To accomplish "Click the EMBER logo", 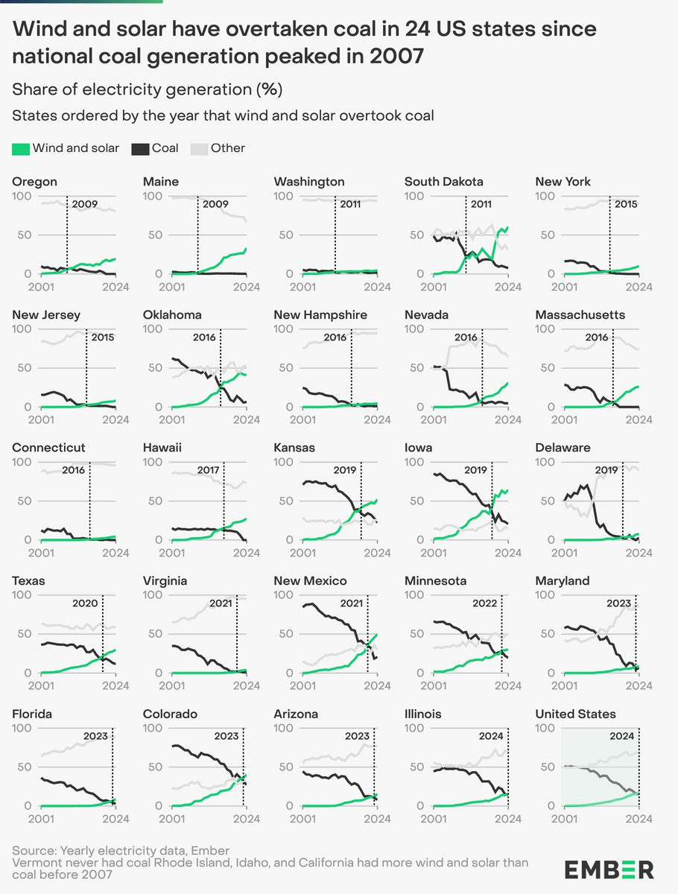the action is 609,870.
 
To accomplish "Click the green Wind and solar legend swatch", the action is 21,149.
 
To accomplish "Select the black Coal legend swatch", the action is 140,149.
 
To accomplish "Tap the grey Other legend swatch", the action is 199,149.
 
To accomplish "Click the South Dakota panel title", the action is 444,182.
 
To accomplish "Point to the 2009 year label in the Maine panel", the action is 215,204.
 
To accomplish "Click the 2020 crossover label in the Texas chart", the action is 85,603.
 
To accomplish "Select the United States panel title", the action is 575,714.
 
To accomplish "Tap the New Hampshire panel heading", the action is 320,315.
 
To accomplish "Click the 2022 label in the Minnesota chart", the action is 484,603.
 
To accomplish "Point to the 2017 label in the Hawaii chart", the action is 208,470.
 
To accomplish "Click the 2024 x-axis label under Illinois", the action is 508,819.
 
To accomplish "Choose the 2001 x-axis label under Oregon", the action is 41,287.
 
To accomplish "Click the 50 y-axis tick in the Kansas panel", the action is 286,501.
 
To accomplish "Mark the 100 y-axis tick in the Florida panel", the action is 22,728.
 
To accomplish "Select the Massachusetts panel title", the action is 580,315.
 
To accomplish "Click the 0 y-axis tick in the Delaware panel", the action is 551,539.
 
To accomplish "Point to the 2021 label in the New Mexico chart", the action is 352,603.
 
